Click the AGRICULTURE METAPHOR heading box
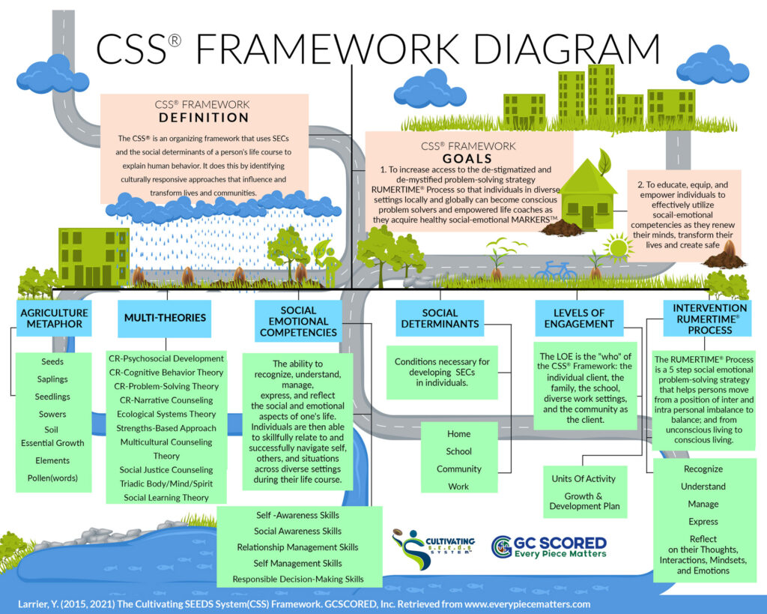click(x=54, y=317)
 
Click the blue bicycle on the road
click(x=555, y=270)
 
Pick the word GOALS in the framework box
click(x=469, y=158)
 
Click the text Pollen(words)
click(x=52, y=478)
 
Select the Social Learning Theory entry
click(x=166, y=497)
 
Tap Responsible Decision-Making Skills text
click(x=298, y=579)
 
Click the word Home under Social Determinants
click(x=458, y=433)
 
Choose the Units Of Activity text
click(x=583, y=478)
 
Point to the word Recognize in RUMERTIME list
click(x=703, y=469)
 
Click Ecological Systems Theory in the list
click(x=166, y=414)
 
